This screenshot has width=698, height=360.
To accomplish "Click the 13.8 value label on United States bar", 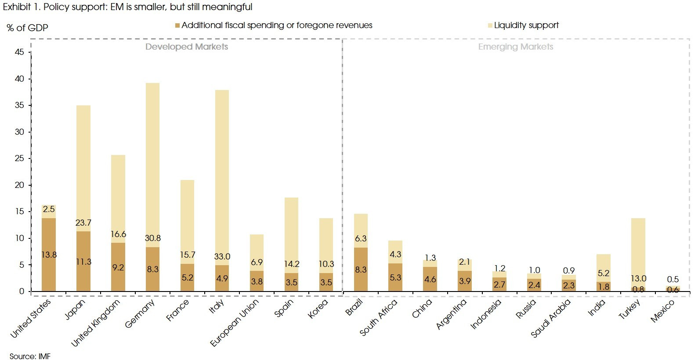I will (x=49, y=255).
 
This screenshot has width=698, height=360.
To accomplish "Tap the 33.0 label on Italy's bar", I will (x=222, y=256).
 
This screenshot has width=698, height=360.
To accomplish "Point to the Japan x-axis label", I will (x=75, y=310).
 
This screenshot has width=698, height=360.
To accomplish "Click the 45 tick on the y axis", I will (x=19, y=52).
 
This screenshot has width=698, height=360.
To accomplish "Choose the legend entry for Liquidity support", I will (x=526, y=25).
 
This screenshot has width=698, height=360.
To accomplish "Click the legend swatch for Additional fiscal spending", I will (x=177, y=26).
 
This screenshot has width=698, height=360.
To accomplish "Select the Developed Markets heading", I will (x=186, y=47).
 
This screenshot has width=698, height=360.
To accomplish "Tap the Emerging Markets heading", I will (x=515, y=47).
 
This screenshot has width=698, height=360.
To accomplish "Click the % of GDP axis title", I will (x=27, y=28).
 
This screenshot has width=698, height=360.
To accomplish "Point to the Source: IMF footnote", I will (x=30, y=356).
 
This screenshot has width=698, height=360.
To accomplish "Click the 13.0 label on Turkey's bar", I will (x=638, y=278).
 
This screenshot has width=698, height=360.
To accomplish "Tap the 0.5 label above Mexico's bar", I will (x=673, y=279).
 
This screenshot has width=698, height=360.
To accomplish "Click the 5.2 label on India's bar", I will (x=604, y=273).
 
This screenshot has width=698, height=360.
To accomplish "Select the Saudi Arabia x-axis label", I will (x=550, y=318).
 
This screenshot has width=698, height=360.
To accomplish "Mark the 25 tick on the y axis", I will (x=19, y=158).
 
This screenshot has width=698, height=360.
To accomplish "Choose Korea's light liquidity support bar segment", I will (x=326, y=241).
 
